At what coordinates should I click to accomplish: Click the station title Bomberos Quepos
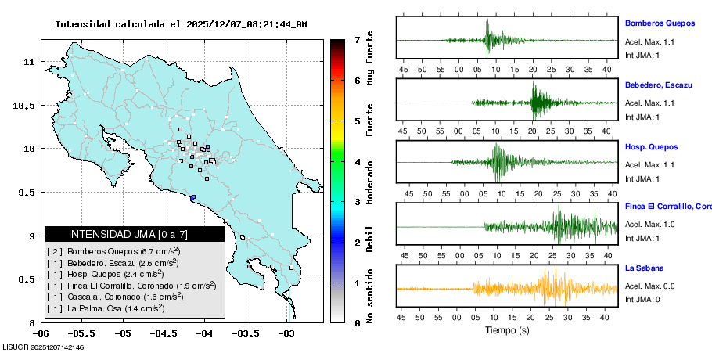tap(660, 23)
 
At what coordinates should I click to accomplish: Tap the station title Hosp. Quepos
tap(651, 146)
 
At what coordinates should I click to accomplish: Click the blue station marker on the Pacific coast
tap(192, 197)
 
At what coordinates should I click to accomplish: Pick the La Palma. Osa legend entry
tap(117, 309)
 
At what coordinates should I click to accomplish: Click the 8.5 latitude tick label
tap(27, 279)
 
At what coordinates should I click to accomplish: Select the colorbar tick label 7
tap(357, 39)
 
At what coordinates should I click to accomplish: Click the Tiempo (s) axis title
tap(507, 331)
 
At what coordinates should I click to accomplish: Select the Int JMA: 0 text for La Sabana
tap(642, 299)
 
